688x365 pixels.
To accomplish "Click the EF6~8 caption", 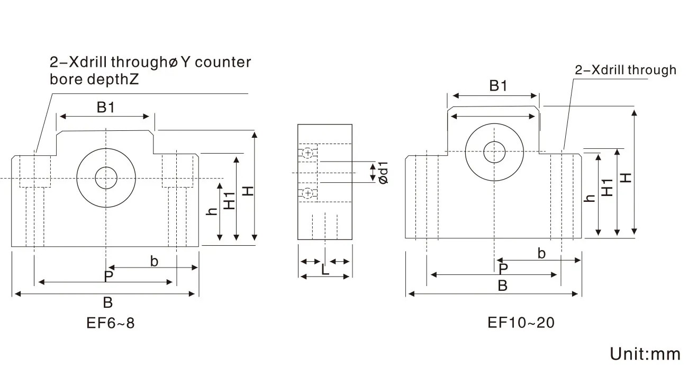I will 111,323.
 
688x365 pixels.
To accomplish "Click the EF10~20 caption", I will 521,322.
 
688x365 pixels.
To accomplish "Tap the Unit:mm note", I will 645,353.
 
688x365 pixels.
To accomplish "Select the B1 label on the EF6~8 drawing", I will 105,108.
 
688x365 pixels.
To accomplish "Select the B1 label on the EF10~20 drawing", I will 498,86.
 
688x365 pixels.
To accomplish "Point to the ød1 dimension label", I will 384,173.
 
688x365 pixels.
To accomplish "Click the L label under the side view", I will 325,269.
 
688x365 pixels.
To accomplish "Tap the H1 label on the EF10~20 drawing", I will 608,187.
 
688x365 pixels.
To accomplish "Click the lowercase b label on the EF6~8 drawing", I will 154,261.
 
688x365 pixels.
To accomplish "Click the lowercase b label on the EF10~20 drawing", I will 541,253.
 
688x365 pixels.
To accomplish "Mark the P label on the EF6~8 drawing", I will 108,276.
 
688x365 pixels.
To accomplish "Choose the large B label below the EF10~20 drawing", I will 503,286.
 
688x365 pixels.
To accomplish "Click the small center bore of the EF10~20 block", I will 494,151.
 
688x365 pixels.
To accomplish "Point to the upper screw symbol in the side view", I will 307,153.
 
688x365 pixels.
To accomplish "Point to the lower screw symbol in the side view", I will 307,193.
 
